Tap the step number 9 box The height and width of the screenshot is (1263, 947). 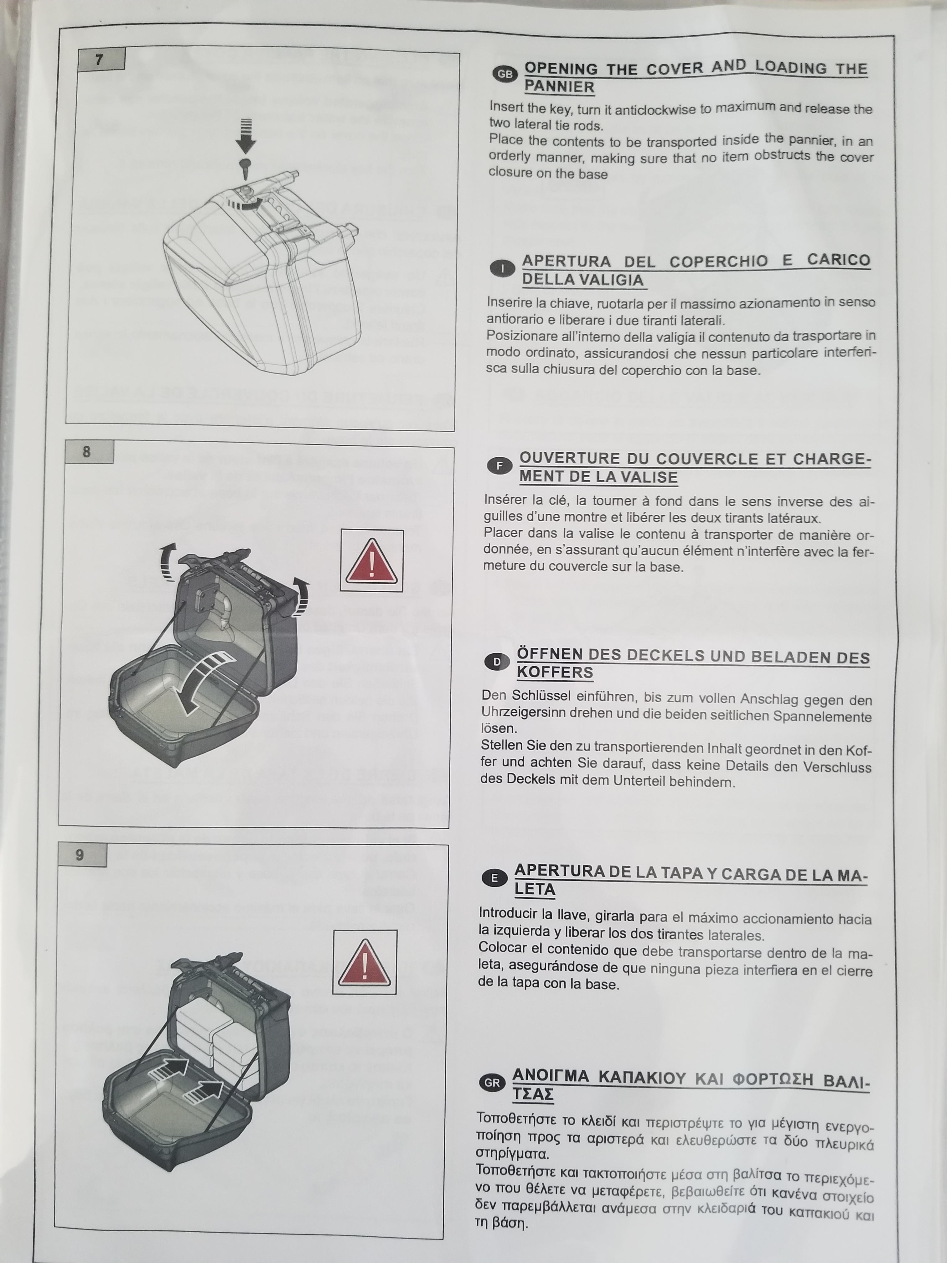tap(82, 855)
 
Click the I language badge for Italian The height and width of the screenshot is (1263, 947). tap(502, 268)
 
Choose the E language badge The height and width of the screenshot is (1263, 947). tap(494, 878)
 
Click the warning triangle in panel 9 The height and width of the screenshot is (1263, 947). tap(365, 962)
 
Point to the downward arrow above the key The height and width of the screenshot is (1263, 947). tap(246, 136)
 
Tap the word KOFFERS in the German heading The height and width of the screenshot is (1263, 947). tap(555, 673)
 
